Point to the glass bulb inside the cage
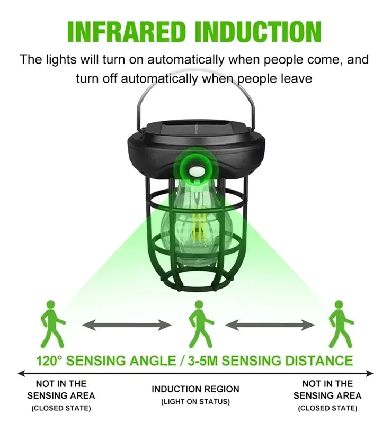(x=196, y=222)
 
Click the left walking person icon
(x=52, y=323)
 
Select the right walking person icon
(x=340, y=323)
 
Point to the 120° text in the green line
(x=50, y=361)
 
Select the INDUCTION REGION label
(x=196, y=389)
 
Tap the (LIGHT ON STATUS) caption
(x=196, y=402)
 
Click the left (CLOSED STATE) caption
(x=61, y=408)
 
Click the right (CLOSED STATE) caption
(x=327, y=408)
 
